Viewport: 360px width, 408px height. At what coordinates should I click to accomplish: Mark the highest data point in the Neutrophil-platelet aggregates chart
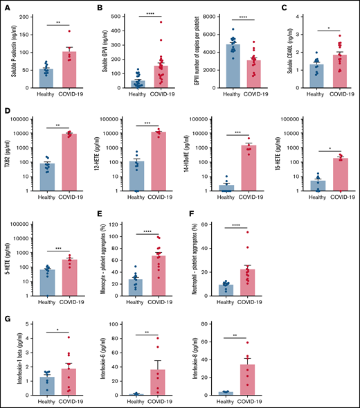pos(248,231)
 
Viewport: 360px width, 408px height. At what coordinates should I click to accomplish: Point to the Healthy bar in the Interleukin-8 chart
pos(225,392)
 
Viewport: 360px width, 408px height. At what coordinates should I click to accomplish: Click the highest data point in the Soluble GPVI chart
pos(161,22)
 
